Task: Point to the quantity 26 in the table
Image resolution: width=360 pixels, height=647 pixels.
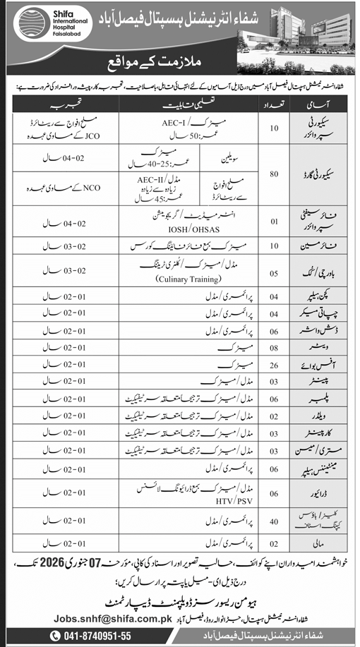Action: point(277,365)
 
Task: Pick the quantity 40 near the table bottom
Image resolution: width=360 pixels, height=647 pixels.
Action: point(277,521)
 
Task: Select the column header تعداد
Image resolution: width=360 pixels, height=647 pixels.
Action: point(277,103)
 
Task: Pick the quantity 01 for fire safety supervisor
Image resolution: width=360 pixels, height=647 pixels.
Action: point(277,222)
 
